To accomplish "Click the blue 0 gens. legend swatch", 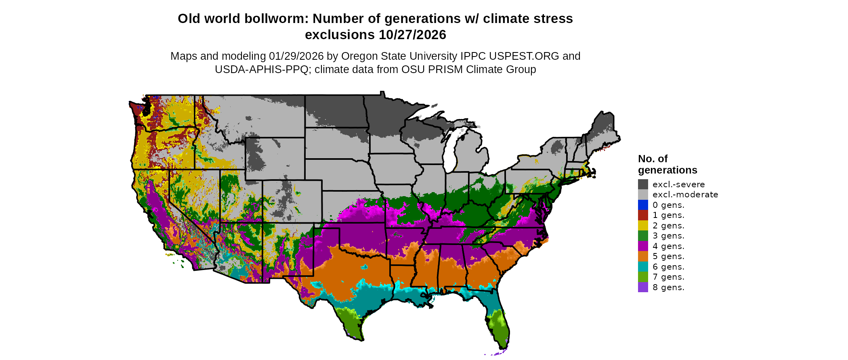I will pos(643,205).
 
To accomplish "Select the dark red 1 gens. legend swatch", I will pos(643,215).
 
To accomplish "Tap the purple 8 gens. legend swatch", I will pos(643,287).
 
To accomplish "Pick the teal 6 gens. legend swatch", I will pos(643,267).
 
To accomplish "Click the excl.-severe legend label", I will pos(678,184).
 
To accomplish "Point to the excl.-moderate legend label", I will pos(685,195).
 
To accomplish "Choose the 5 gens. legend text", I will pos(668,256).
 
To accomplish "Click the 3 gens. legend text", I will pos(668,236).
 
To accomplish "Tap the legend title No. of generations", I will pos(667,164).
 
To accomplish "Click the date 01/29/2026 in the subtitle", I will pos(296,56).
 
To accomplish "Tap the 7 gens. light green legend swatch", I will pos(643,277).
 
